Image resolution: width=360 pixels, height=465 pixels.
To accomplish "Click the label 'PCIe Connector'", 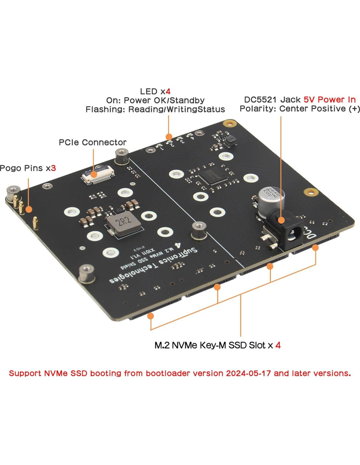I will tap(92, 143).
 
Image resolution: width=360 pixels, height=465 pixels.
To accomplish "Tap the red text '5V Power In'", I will tap(330, 100).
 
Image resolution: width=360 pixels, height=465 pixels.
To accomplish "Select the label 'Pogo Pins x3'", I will tap(28, 168).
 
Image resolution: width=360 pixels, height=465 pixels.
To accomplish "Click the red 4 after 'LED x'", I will tap(168, 92).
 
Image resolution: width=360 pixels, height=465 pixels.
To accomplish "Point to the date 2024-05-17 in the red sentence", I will tap(248, 373).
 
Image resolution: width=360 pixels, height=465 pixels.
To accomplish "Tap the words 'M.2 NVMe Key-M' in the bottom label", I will tap(190, 345).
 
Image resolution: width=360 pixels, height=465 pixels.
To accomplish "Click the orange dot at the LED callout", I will tap(169, 137).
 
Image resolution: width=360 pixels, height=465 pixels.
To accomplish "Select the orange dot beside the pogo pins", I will tap(29, 209).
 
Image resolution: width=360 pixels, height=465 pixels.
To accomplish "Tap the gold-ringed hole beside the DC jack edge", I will tap(311, 192).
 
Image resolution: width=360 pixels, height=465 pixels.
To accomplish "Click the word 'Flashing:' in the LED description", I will tap(105, 110).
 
